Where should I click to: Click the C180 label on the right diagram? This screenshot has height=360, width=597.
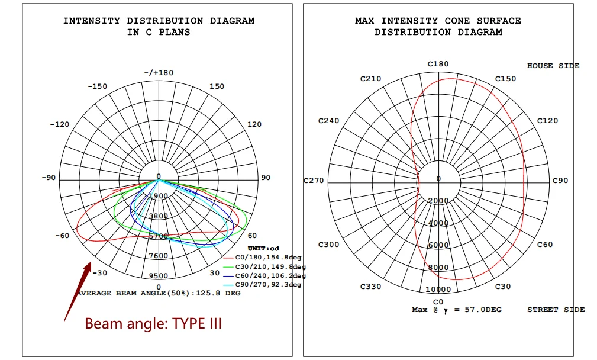(x=438, y=64)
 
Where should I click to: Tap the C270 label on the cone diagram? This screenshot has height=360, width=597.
(x=314, y=180)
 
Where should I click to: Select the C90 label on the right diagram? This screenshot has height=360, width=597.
(x=560, y=180)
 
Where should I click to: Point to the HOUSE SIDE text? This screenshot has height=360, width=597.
(x=553, y=66)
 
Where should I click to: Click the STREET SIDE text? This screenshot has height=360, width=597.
(x=556, y=310)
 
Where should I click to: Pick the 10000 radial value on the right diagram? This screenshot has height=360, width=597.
(x=438, y=290)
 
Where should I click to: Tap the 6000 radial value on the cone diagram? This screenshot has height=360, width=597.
(x=438, y=245)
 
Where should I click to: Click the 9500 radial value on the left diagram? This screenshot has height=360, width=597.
(x=158, y=276)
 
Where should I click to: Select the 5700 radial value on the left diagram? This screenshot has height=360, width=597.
(x=158, y=236)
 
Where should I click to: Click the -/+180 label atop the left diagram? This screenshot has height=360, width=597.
(x=158, y=73)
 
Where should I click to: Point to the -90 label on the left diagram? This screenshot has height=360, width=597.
(x=47, y=178)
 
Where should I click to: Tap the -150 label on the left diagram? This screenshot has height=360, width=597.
(x=97, y=86)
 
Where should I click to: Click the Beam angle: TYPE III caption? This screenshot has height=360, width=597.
(x=153, y=324)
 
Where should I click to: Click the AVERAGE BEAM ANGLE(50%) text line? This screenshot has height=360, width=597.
(x=159, y=294)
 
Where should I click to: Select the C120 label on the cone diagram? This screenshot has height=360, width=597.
(x=547, y=121)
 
